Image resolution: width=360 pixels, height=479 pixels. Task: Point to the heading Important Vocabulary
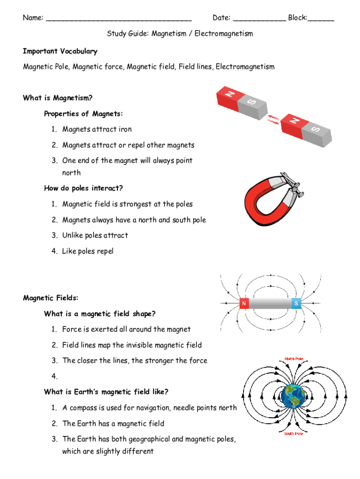click(60, 51)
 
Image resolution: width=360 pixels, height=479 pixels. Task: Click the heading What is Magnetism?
click(58, 98)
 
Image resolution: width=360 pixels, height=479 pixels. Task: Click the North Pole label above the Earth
click(294, 359)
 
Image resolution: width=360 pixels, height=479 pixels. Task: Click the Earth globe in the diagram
click(293, 397)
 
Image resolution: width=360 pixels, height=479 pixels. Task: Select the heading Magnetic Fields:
click(51, 298)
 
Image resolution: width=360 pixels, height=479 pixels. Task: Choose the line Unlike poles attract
click(95, 235)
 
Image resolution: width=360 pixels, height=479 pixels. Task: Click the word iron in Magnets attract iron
click(125, 129)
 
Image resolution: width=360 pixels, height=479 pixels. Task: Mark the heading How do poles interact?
click(83, 188)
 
